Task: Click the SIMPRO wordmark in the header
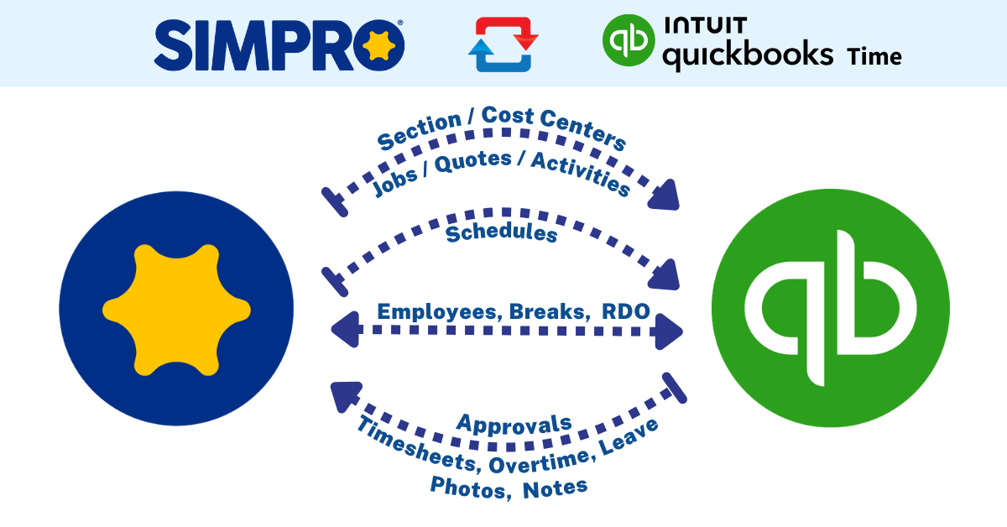tap(279, 45)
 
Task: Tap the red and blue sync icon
tap(503, 44)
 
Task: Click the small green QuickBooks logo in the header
tap(628, 40)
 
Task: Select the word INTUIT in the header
tap(706, 25)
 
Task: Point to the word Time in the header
tap(874, 57)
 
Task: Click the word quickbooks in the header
tap(748, 55)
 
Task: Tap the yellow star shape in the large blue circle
tap(177, 310)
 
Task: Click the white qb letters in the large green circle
tap(830, 308)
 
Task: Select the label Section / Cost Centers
tap(501, 127)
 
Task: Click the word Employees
tap(439, 312)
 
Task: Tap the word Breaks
tap(550, 311)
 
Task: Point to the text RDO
tap(626, 311)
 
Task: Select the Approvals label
tap(514, 425)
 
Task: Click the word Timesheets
tap(417, 444)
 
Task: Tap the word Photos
tap(470, 488)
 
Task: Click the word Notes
tap(556, 488)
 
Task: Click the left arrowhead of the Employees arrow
tap(347, 330)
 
